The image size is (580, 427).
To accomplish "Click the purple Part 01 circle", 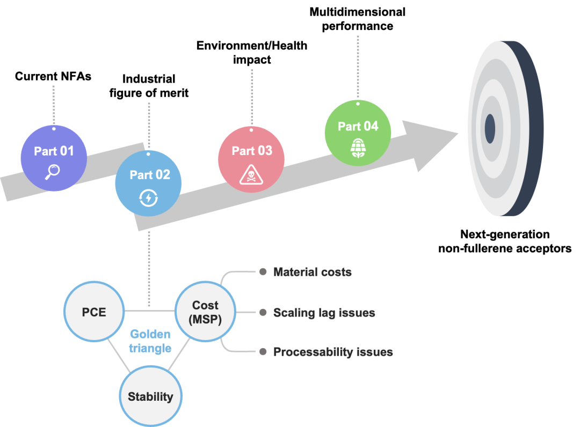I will click(54, 158).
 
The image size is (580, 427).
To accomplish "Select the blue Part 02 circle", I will click(148, 183).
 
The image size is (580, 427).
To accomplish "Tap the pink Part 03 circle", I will click(251, 159).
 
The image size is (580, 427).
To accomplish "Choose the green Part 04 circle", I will click(358, 132).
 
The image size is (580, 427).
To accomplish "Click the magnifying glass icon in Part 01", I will click(53, 171).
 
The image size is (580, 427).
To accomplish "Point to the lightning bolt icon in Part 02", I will click(149, 198).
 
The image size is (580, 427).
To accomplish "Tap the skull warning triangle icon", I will click(250, 174).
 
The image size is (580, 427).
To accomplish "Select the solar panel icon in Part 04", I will click(358, 147).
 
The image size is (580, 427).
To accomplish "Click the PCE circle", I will click(94, 312).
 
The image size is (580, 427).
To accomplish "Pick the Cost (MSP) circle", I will click(205, 312).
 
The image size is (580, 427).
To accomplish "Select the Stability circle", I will click(150, 397).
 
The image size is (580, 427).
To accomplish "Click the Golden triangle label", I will click(150, 341).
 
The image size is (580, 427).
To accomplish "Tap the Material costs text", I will click(313, 272).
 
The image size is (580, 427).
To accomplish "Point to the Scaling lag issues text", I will click(324, 312).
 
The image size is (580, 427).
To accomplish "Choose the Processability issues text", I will click(333, 352).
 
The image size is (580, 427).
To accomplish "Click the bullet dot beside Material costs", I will click(263, 272).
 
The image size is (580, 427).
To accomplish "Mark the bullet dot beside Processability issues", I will click(263, 352).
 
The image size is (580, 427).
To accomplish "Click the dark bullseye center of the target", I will click(490, 129).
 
